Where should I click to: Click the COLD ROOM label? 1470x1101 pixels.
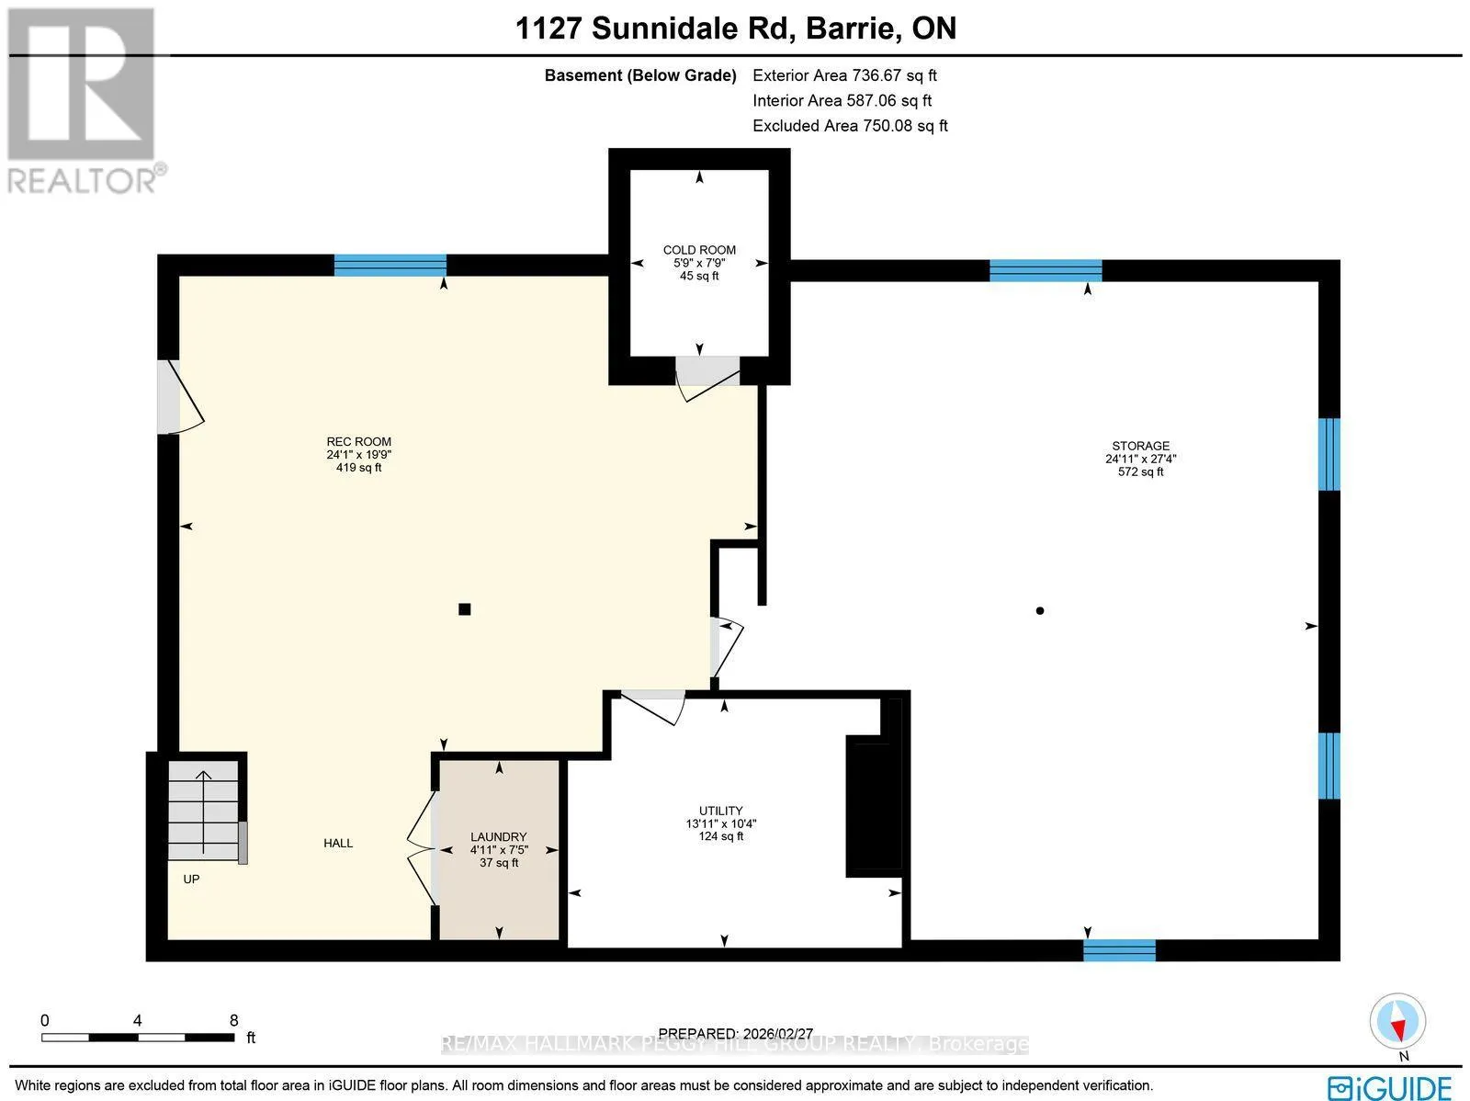tap(699, 250)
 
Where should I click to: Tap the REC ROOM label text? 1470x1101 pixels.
tap(359, 442)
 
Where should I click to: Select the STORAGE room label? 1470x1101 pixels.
tap(1140, 446)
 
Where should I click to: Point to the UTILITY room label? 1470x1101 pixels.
tap(720, 811)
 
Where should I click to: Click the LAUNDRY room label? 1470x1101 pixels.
tap(498, 837)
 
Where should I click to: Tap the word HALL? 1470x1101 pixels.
tap(338, 843)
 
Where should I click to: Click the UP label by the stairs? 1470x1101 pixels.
tap(191, 880)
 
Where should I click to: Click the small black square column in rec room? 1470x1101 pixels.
tap(464, 608)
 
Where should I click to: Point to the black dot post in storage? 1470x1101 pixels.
tap(1039, 611)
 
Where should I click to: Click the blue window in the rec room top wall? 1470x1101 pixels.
tap(390, 266)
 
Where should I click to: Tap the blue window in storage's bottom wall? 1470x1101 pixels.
tap(1119, 950)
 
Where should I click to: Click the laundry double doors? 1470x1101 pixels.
tap(421, 849)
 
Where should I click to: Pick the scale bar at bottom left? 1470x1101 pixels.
tap(138, 1038)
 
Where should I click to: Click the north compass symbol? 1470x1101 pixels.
tap(1397, 1022)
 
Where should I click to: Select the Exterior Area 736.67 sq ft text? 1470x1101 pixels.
tap(844, 75)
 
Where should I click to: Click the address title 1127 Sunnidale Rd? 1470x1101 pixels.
tap(656, 28)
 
